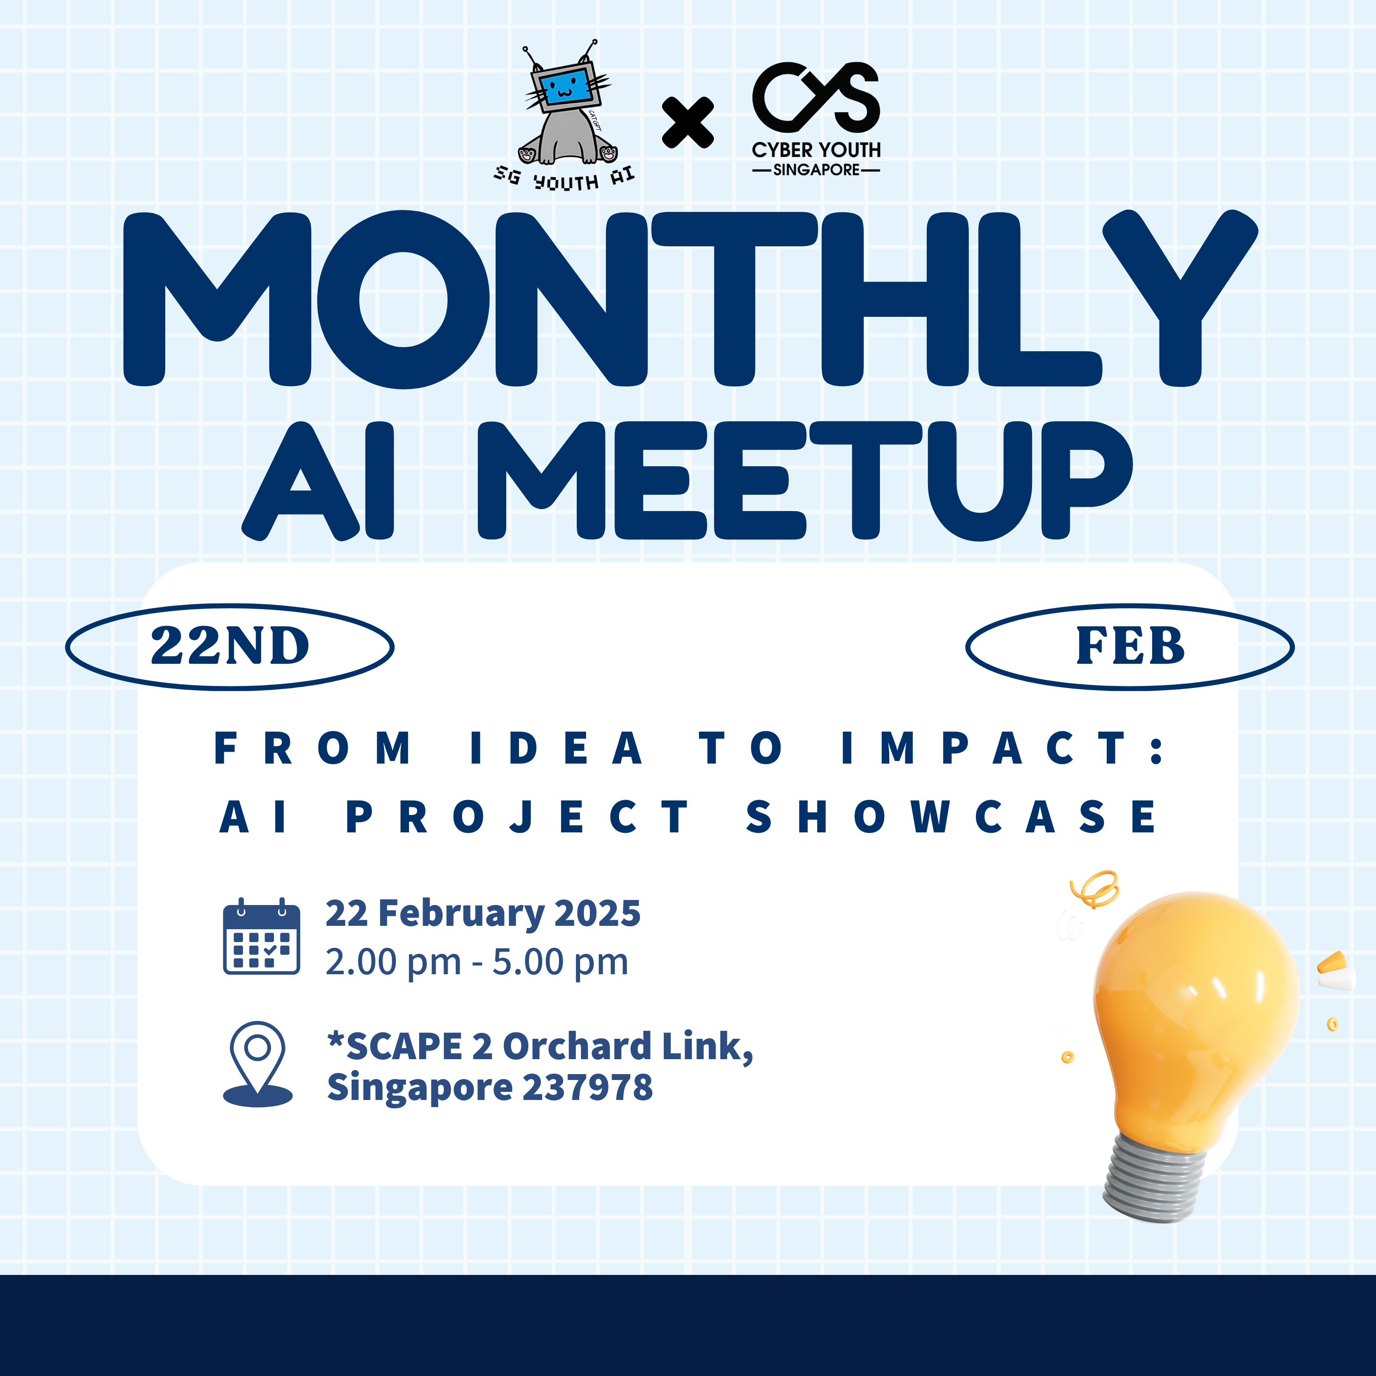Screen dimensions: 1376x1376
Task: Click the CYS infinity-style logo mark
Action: pyautogui.click(x=816, y=98)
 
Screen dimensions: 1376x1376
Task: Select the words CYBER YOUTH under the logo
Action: pyautogui.click(x=816, y=150)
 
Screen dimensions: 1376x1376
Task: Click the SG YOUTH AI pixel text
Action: pyautogui.click(x=564, y=179)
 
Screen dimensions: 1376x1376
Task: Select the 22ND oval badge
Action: pyautogui.click(x=229, y=647)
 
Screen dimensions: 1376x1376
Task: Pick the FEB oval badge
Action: pyautogui.click(x=1130, y=647)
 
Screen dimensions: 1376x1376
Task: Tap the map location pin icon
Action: pyautogui.click(x=258, y=1064)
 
